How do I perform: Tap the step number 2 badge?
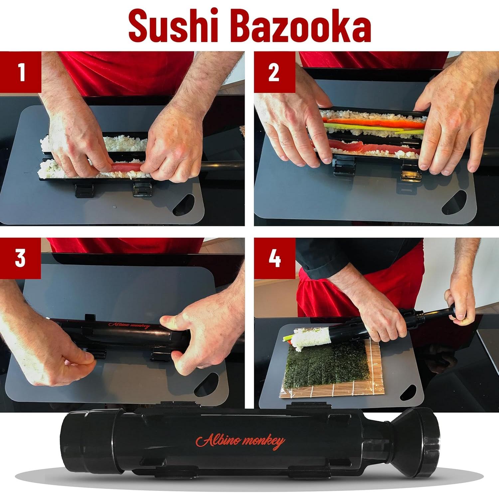[274, 72]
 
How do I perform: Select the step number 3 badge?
[20, 258]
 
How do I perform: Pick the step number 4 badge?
[274, 258]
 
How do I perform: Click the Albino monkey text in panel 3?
[129, 325]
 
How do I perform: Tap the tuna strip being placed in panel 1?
[125, 166]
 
